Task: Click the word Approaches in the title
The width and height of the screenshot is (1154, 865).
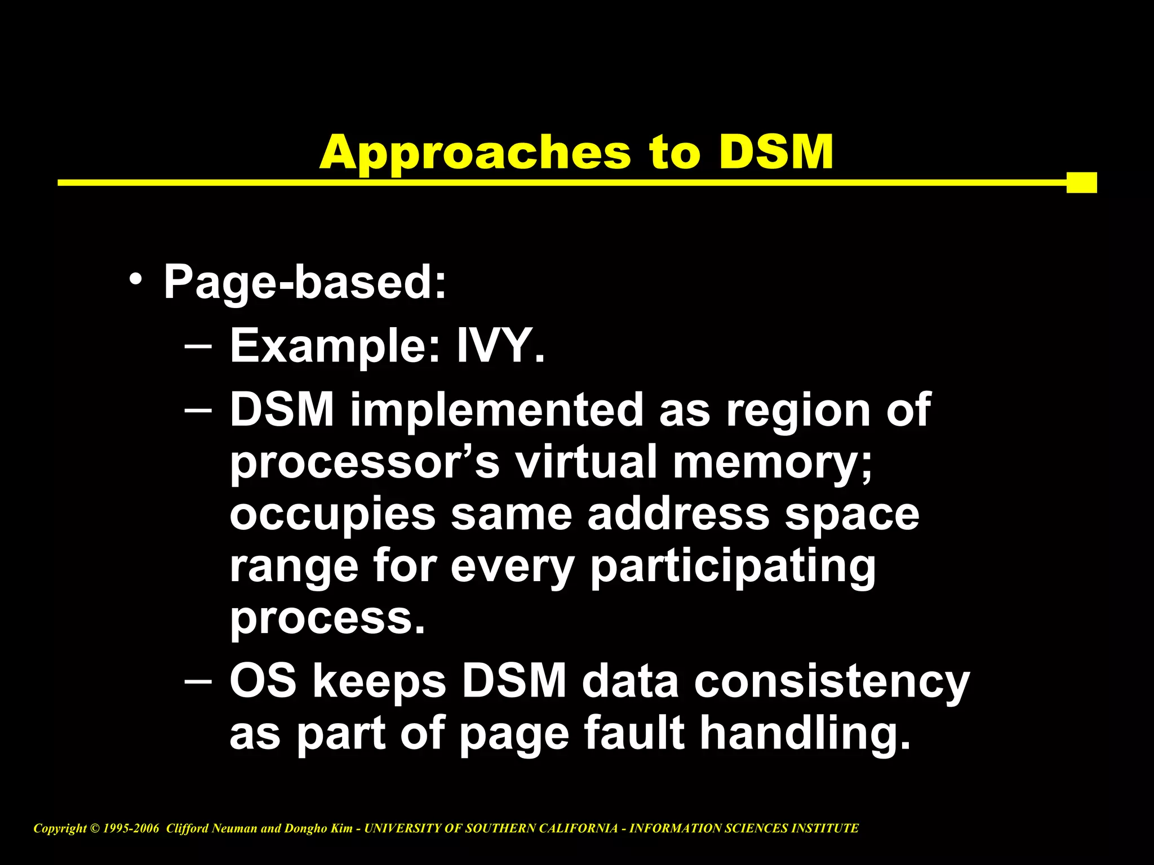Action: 475,153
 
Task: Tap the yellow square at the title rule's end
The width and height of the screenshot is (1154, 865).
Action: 1081,182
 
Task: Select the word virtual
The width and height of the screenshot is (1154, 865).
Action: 587,461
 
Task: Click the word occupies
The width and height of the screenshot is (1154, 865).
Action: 332,515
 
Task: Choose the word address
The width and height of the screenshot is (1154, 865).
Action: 678,514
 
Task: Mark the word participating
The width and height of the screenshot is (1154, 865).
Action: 733,567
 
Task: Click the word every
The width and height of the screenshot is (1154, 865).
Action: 512,567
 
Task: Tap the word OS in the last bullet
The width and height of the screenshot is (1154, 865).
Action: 263,680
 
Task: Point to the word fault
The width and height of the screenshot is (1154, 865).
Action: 634,733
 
